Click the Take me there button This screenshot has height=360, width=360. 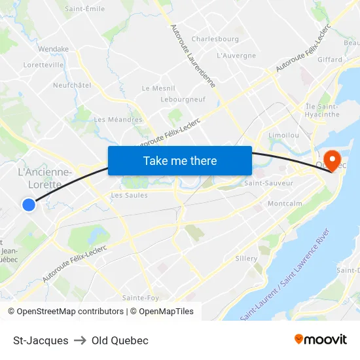[x=180, y=160]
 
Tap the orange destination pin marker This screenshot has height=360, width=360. [x=333, y=159]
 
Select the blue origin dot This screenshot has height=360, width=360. [x=28, y=205]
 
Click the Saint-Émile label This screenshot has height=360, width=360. [x=85, y=9]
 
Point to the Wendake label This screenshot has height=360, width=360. [x=54, y=49]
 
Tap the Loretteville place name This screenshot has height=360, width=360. [x=43, y=65]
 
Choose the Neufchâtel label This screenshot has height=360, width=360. [x=72, y=85]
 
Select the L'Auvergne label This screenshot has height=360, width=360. [x=236, y=56]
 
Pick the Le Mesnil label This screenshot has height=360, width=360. [x=158, y=88]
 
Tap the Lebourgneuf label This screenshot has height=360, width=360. [x=183, y=99]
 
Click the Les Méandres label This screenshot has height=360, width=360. [x=118, y=120]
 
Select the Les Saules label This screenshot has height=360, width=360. [x=130, y=195]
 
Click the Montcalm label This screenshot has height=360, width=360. [x=285, y=204]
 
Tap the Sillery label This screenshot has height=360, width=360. [x=246, y=259]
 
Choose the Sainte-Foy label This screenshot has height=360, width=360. [x=141, y=298]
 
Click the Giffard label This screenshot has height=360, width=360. [x=330, y=60]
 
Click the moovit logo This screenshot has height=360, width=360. [x=321, y=340]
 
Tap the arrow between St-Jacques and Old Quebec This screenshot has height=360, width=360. [x=80, y=340]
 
